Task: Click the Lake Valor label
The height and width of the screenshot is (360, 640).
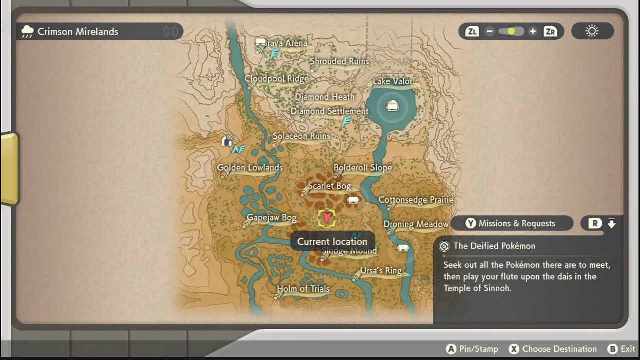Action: tap(393, 81)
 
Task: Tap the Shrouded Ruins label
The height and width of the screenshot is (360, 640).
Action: tap(339, 61)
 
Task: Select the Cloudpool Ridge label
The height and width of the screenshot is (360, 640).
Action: tap(277, 79)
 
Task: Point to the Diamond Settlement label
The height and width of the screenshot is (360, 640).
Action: tap(330, 111)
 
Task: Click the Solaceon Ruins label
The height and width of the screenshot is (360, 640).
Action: tap(301, 136)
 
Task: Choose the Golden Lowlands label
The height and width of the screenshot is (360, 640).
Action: tap(250, 168)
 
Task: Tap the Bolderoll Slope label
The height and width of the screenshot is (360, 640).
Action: tap(363, 168)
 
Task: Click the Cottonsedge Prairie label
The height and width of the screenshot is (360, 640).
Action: tap(416, 200)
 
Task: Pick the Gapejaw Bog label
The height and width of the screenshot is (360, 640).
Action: tap(272, 218)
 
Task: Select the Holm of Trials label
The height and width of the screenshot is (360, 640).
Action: tap(303, 289)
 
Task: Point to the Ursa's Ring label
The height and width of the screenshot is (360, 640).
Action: tap(381, 271)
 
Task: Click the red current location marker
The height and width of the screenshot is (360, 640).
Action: tap(327, 218)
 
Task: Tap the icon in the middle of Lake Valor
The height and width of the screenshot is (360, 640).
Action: tap(392, 106)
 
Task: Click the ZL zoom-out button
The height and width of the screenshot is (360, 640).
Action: tap(472, 31)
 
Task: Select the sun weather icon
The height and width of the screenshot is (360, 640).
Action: tap(592, 31)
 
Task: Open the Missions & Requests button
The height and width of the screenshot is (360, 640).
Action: tap(511, 223)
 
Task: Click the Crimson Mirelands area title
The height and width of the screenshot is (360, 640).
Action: tap(78, 32)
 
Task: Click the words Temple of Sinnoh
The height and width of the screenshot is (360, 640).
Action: tap(477, 288)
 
